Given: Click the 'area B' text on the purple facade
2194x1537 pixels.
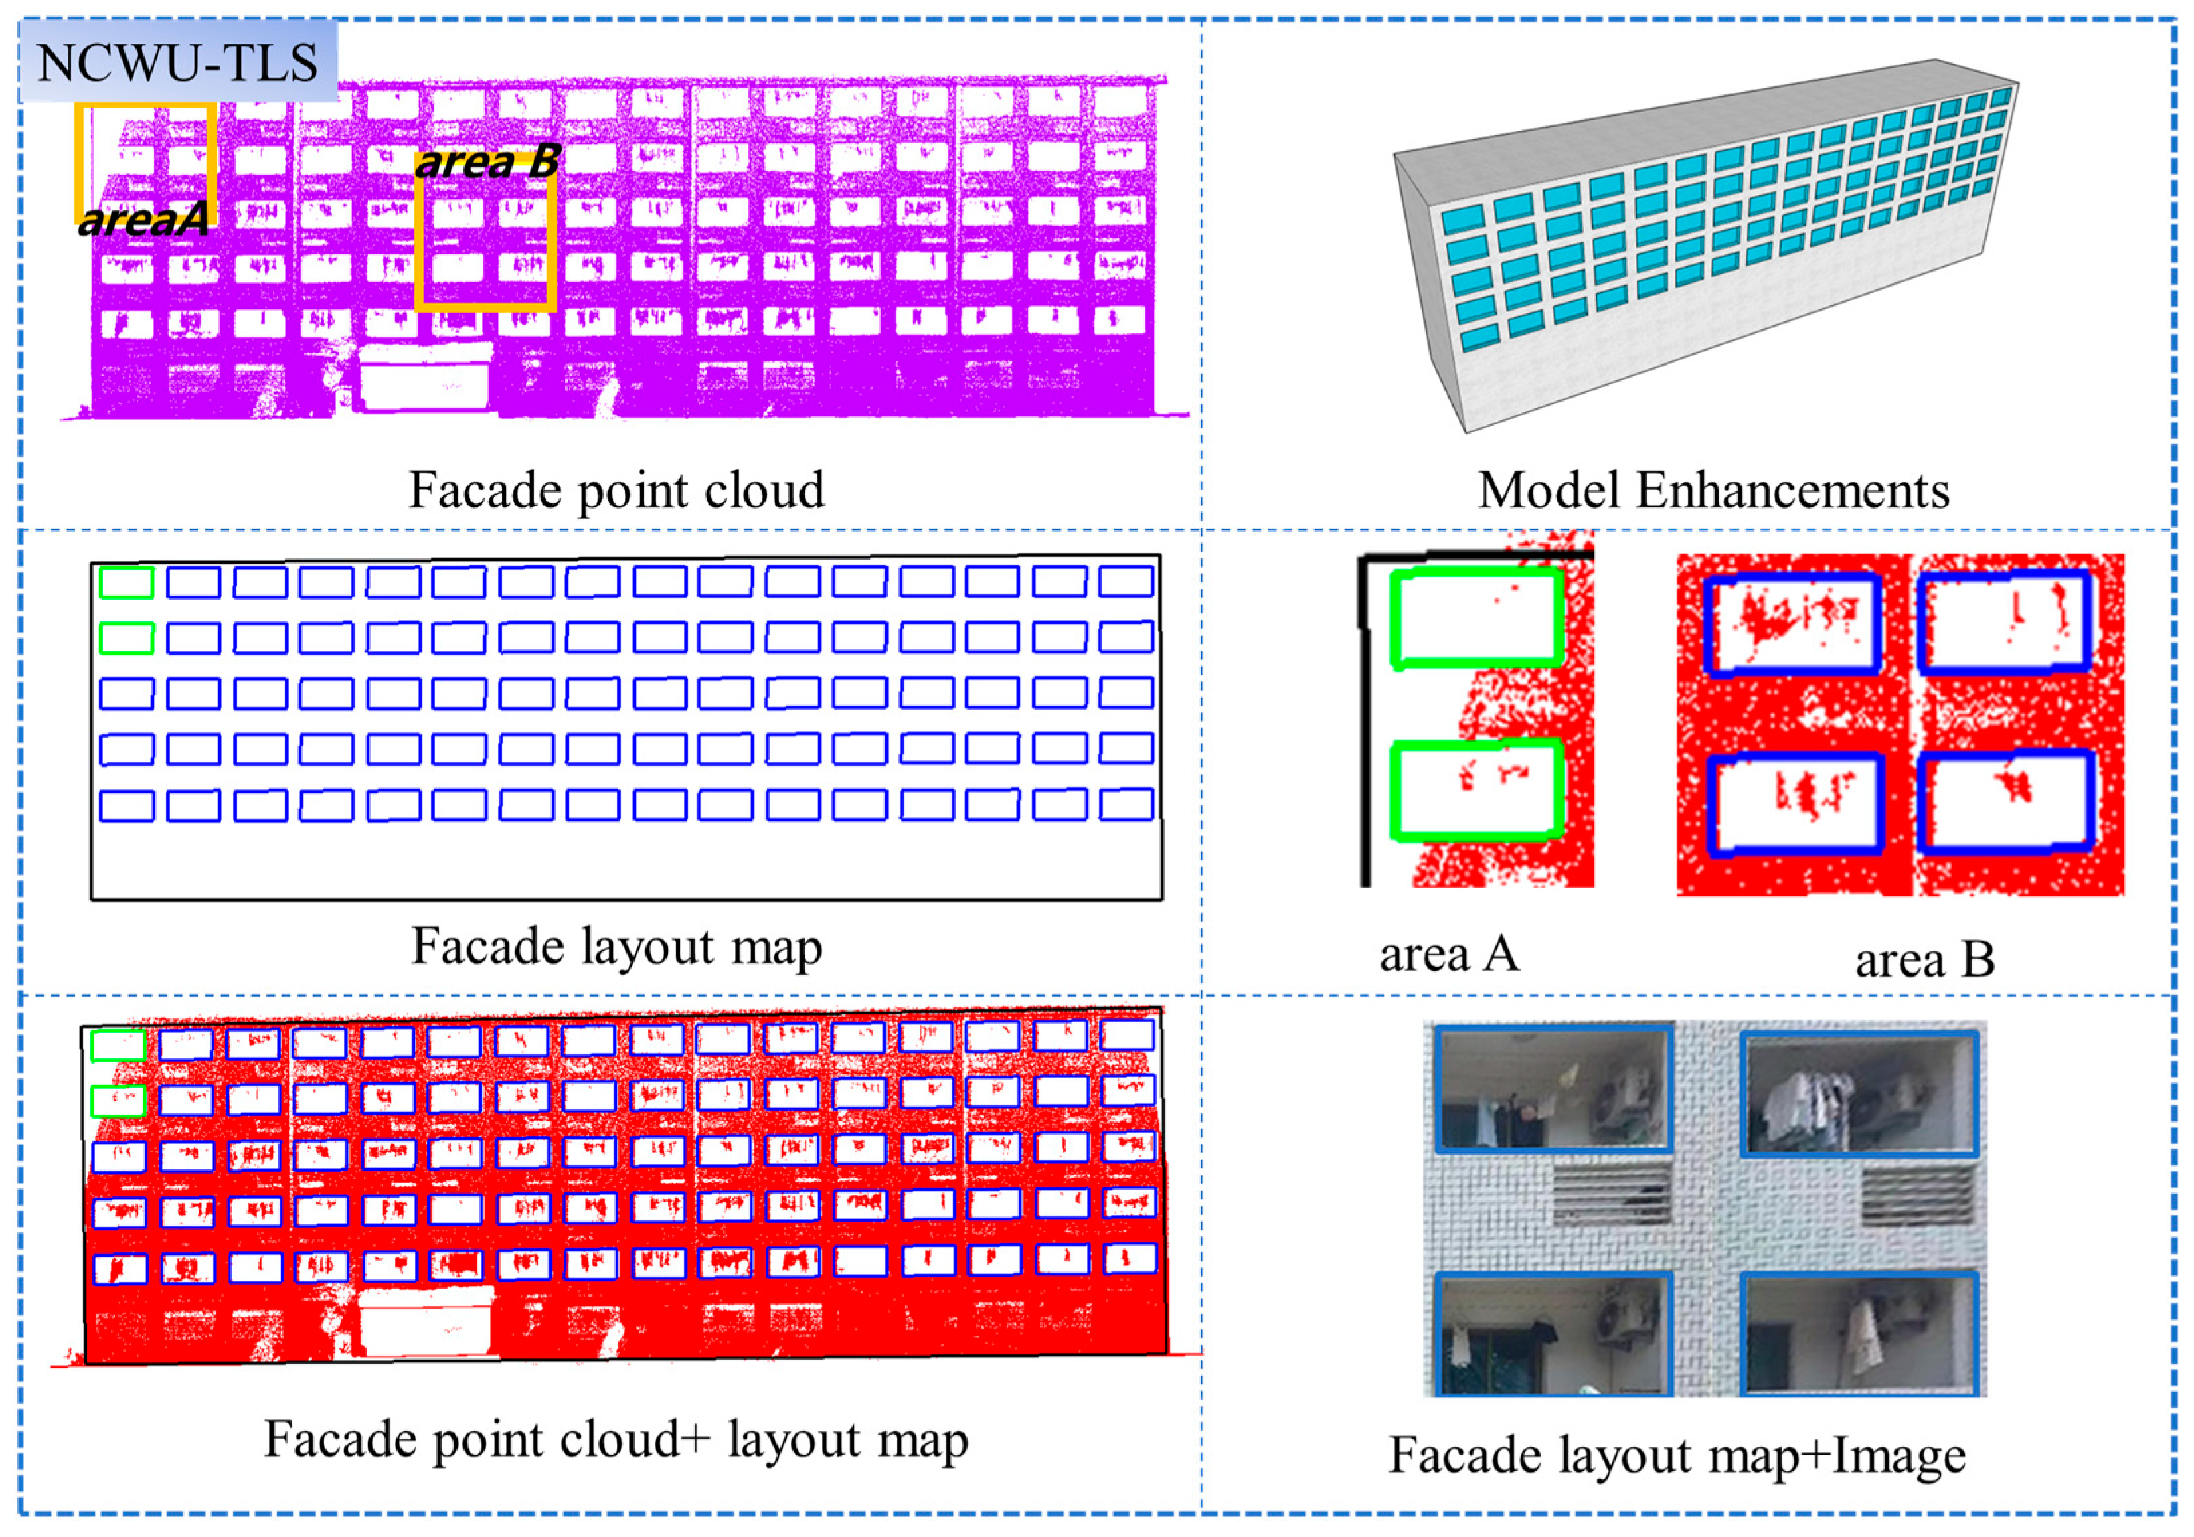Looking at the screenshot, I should (487, 161).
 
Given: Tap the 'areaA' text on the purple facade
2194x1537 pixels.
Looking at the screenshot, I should (143, 220).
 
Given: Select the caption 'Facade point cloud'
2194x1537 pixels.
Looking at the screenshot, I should (616, 490).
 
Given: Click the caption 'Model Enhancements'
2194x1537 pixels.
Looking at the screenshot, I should (1713, 490).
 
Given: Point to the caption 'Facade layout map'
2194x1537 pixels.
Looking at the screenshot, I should (616, 947).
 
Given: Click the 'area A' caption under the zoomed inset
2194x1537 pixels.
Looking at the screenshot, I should (1448, 953).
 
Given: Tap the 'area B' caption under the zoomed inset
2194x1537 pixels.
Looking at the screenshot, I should (1924, 959).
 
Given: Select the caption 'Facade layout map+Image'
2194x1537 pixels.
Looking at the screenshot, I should (1677, 1456).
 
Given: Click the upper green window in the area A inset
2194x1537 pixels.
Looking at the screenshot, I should (1476, 619).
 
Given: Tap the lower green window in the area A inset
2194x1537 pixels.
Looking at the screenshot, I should (1476, 791).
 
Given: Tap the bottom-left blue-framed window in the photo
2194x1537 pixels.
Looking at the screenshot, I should (1553, 1334).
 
